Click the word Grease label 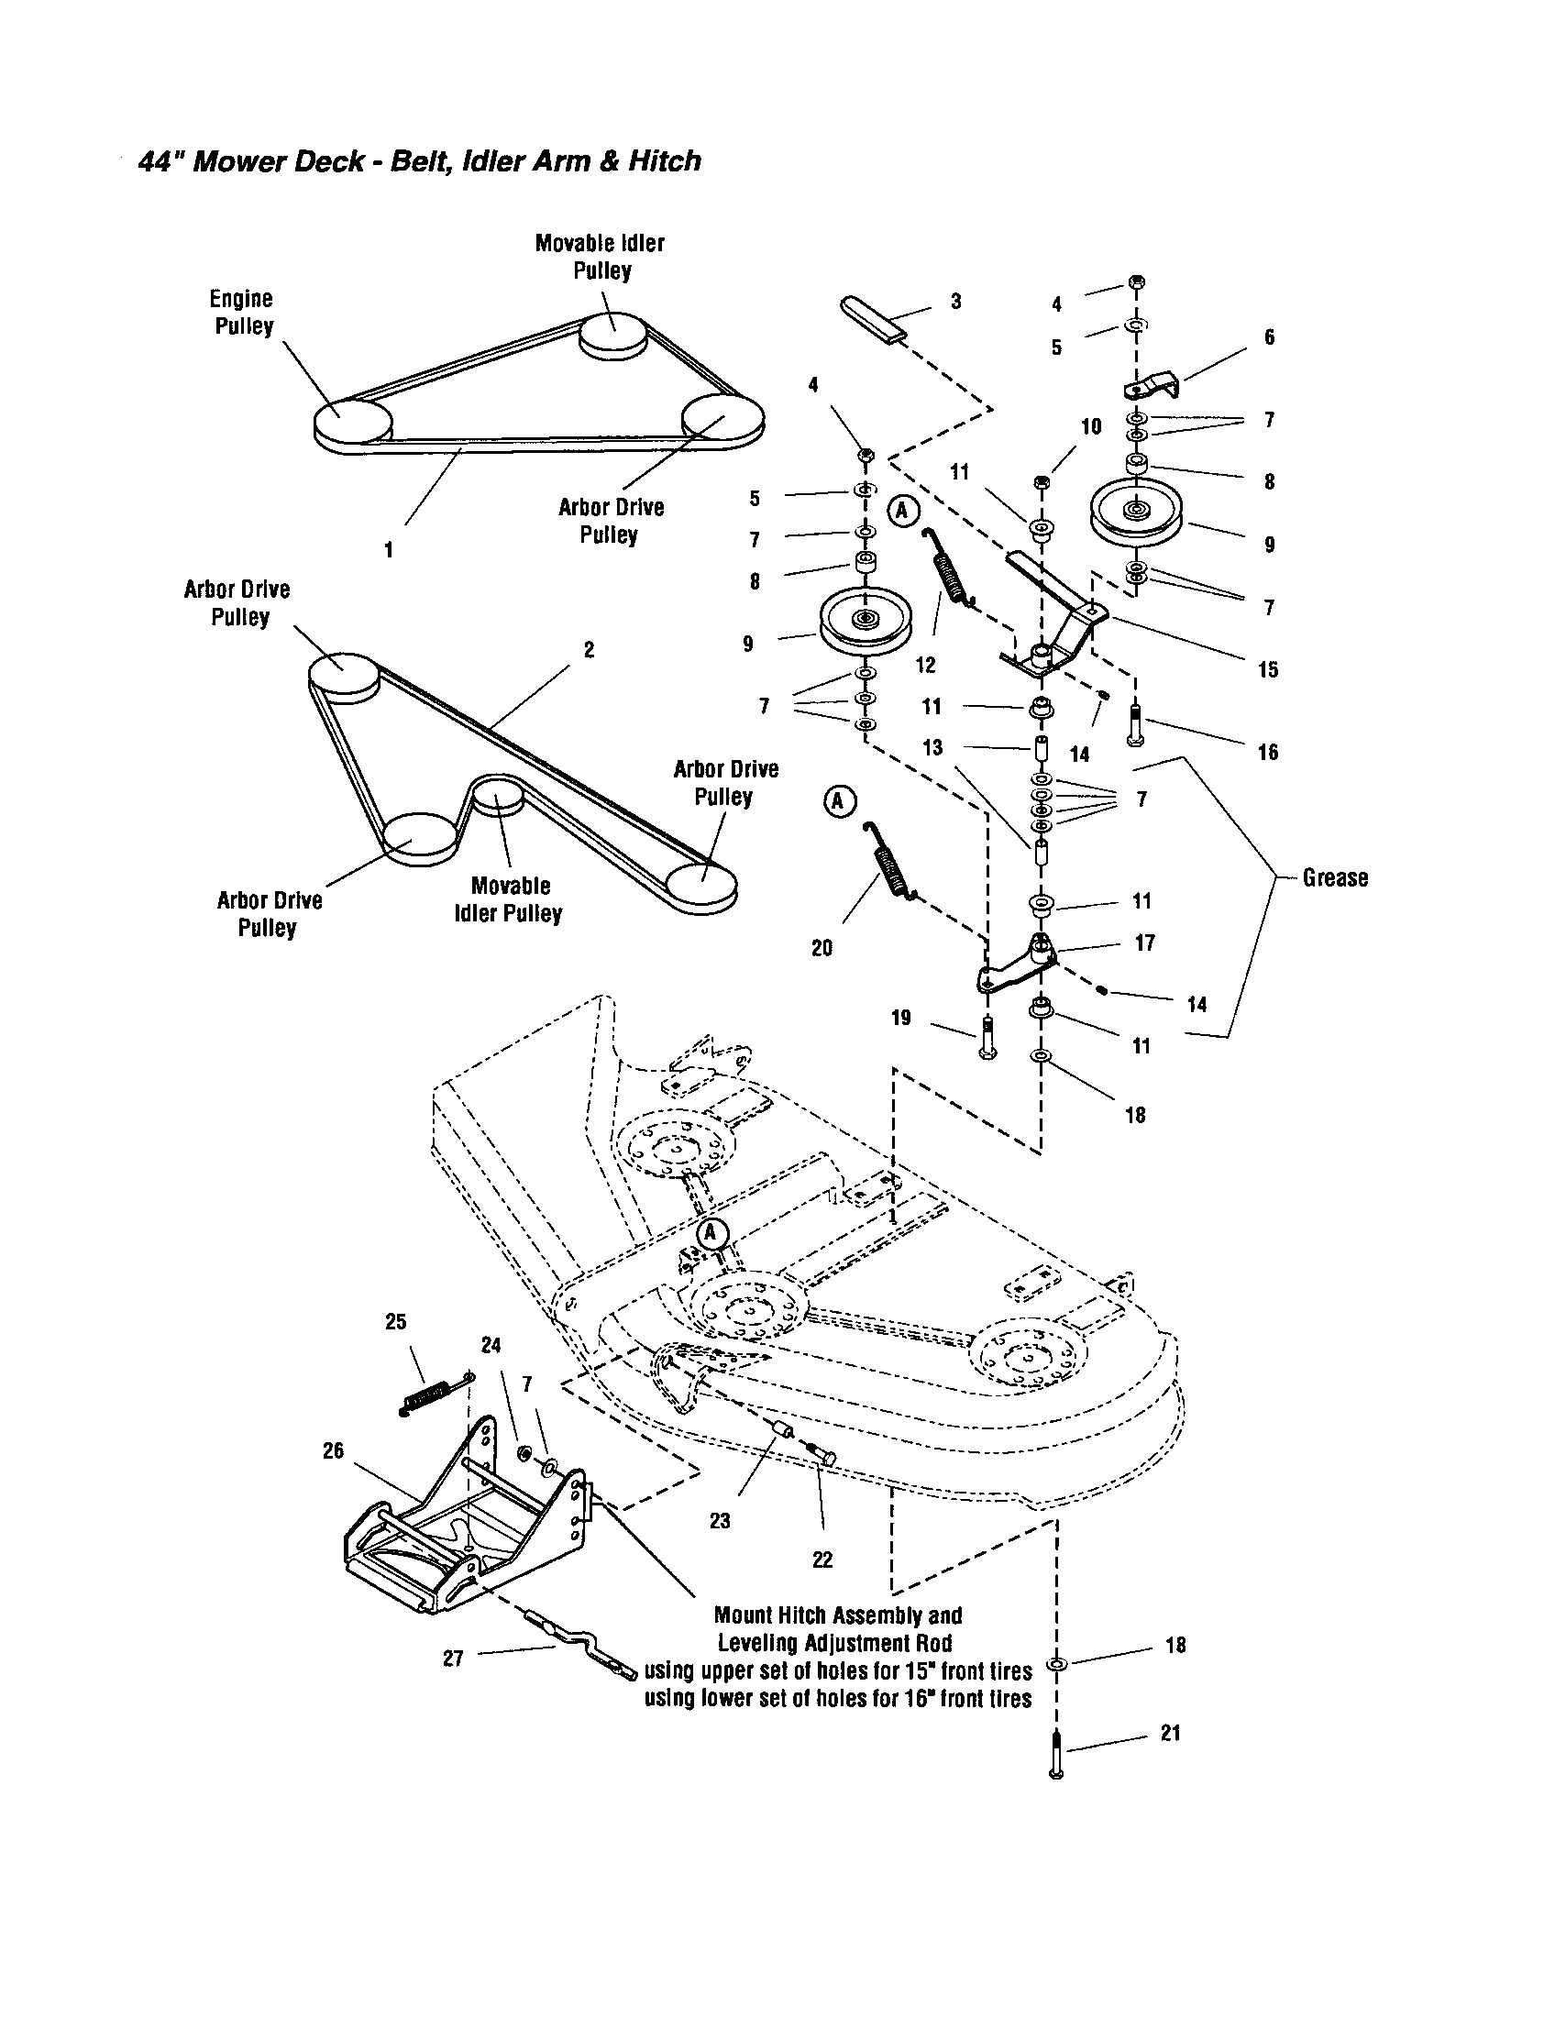[x=1334, y=877]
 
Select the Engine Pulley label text [x=241, y=313]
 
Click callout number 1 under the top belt [x=389, y=550]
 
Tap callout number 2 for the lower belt [x=590, y=649]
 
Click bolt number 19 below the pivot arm [x=987, y=1040]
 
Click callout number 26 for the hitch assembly [x=333, y=1451]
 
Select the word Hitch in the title [x=664, y=161]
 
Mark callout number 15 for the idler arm [x=1268, y=669]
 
